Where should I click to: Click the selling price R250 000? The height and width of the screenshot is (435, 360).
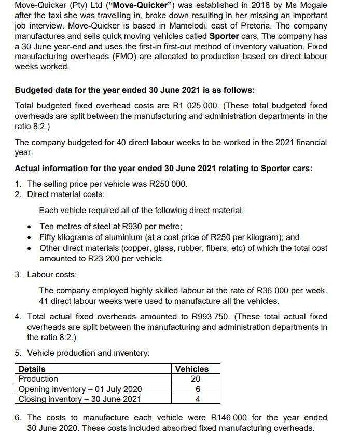click(x=167, y=184)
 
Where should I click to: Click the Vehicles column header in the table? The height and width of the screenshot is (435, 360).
click(x=192, y=369)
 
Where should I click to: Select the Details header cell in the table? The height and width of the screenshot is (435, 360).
click(x=32, y=369)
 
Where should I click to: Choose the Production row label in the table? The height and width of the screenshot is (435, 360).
click(x=38, y=379)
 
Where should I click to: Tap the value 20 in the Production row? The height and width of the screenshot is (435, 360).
click(x=192, y=379)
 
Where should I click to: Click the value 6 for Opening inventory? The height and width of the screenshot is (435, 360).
click(x=192, y=389)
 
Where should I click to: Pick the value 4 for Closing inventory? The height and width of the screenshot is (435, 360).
click(x=192, y=399)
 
